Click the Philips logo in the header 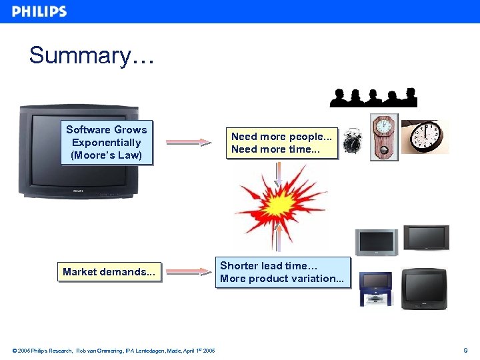point(39,11)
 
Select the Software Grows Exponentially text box point(107,143)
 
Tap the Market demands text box point(109,272)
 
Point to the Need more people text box point(281,143)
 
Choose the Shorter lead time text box point(282,272)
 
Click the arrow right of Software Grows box point(189,142)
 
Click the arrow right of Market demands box point(189,271)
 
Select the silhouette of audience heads point(373,97)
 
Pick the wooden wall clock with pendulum point(384,136)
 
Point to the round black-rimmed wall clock point(425,137)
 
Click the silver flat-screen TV point(376,242)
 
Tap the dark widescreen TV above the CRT point(426,238)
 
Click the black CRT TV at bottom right point(424,289)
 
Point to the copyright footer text point(113,350)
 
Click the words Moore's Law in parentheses point(107,155)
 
